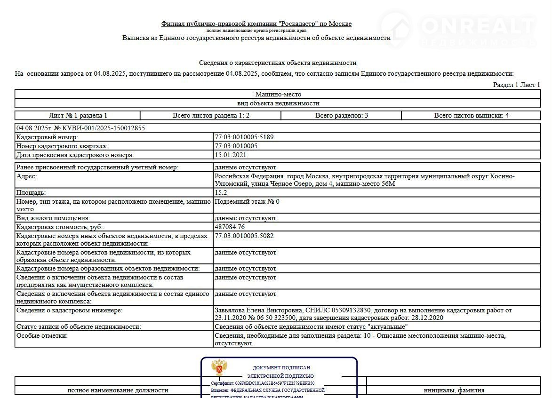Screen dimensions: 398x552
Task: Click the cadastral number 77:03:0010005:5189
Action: pyautogui.click(x=244, y=137)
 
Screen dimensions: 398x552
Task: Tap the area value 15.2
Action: pyautogui.click(x=221, y=192)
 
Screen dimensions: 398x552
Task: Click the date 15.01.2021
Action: pyautogui.click(x=231, y=155)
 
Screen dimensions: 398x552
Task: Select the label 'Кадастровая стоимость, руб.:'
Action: pyautogui.click(x=60, y=227)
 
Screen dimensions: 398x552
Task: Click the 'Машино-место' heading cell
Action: pyautogui.click(x=278, y=94)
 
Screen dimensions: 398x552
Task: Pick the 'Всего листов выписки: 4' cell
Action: pyautogui.click(x=471, y=115)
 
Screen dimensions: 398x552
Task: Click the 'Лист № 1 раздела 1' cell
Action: pyautogui.click(x=78, y=115)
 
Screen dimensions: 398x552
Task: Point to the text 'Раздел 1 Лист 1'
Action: pyautogui.click(x=516, y=85)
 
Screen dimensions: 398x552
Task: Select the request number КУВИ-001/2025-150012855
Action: pyautogui.click(x=100, y=128)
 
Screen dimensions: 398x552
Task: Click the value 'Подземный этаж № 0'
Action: pyautogui.click(x=247, y=201)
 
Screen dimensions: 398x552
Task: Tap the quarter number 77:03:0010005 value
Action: pyautogui.click(x=236, y=146)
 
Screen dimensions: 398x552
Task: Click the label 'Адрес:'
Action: pyautogui.click(x=26, y=176)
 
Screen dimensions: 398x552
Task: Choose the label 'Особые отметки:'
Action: pyautogui.click(x=42, y=335)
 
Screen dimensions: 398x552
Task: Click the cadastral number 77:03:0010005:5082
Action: pyautogui.click(x=244, y=236)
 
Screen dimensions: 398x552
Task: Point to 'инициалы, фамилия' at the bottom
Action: pyautogui.click(x=454, y=390)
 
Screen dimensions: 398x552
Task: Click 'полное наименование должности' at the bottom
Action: pyautogui.click(x=118, y=390)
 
